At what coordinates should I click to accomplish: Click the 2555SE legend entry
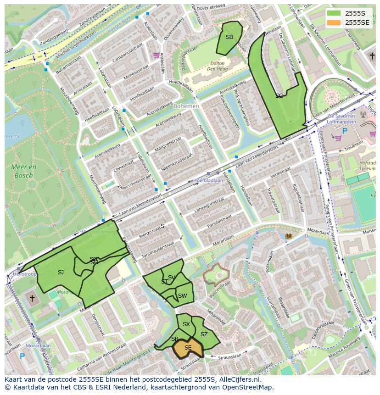349,22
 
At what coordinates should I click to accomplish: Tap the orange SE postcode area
188,349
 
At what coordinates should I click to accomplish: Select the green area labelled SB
229,38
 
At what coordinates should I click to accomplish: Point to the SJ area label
61,273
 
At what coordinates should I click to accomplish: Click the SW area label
182,296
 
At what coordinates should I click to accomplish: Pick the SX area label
186,324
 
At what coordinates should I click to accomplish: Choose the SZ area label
204,334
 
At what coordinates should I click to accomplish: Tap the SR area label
174,339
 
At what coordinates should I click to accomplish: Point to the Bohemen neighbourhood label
186,106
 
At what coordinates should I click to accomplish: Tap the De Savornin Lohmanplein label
348,117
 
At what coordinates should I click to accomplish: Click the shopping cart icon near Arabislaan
156,56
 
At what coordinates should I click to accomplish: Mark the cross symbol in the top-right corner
372,56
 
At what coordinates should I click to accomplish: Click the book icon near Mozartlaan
288,236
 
